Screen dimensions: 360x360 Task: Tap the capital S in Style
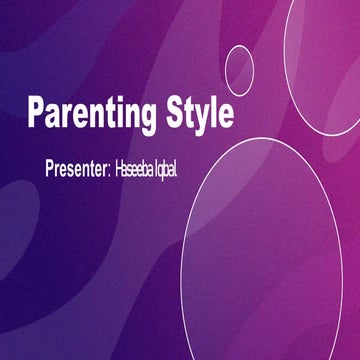click(172, 112)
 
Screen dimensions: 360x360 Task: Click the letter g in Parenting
click(147, 116)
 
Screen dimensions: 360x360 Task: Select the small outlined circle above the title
click(239, 70)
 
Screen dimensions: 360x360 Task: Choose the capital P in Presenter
click(50, 167)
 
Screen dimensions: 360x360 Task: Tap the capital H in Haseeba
click(122, 167)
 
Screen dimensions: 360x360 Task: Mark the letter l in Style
click(211, 112)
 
